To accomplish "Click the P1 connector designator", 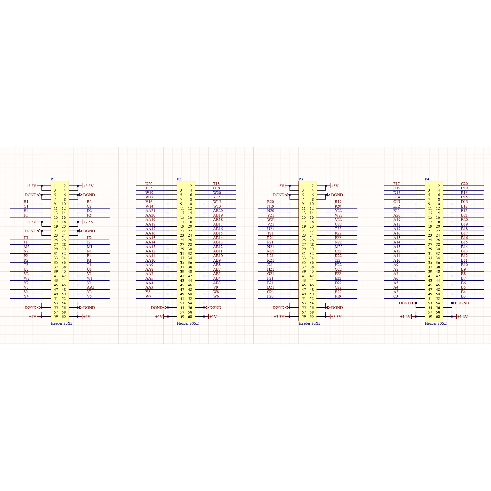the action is (53, 179).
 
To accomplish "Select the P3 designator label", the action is (301, 179).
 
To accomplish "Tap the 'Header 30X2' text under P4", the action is (436, 323).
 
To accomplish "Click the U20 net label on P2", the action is (149, 184).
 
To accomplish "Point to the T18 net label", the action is (216, 184).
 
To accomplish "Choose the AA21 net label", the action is (150, 211).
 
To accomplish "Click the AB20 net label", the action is (218, 211).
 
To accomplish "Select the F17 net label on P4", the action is (396, 184).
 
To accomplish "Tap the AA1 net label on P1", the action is (91, 287).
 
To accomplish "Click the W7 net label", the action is (148, 296).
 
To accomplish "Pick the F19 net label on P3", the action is (338, 296).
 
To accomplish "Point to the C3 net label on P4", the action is (396, 296).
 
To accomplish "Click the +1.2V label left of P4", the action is (405, 317).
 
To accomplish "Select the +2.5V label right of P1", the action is (88, 222).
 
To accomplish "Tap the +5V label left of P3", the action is (281, 186).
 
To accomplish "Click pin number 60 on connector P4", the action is (438, 317).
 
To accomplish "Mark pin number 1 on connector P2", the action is (181, 186).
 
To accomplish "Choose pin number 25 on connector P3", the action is (304, 240).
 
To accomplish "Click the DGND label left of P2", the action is (157, 307).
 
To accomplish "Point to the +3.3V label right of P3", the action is (336, 317).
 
